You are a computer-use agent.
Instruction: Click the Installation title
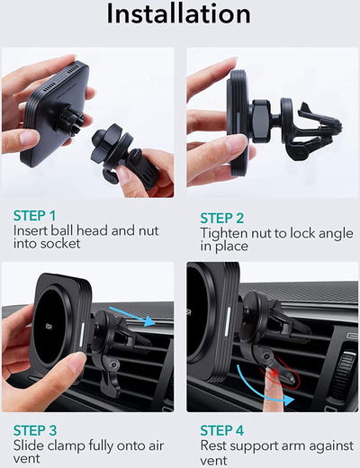(x=179, y=14)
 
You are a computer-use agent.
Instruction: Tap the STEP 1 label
(x=35, y=216)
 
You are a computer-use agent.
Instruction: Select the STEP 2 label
(x=221, y=218)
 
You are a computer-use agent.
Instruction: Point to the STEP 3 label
(x=35, y=430)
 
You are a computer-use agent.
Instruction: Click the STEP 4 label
(x=221, y=430)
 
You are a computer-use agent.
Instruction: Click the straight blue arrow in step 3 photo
(x=132, y=317)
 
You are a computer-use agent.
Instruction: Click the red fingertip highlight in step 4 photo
(x=274, y=373)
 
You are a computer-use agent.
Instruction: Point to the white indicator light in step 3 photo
(x=81, y=336)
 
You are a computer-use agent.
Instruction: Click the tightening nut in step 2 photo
(x=260, y=120)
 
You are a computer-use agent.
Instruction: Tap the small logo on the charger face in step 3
(x=49, y=327)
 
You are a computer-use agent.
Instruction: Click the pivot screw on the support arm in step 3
(x=113, y=364)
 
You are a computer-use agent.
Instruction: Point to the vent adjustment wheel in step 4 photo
(x=344, y=371)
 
